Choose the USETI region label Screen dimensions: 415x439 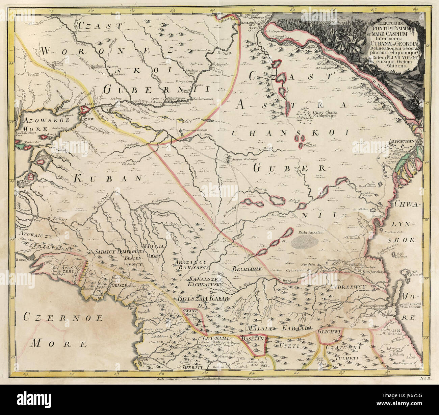[287, 346]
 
